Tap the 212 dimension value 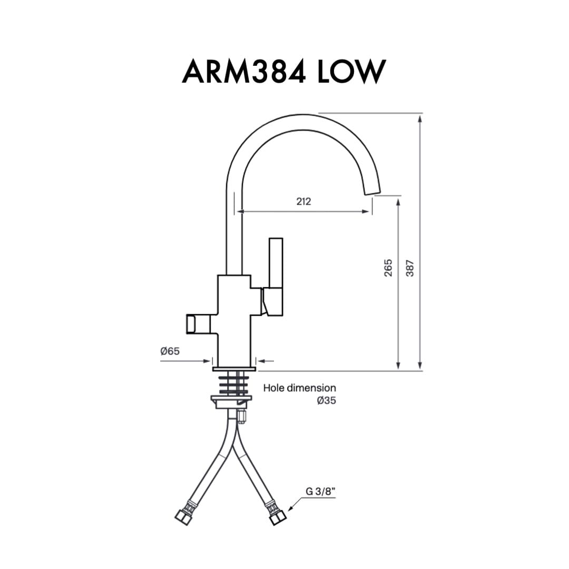tap(304, 201)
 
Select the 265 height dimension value tap(388, 268)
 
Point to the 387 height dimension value tap(410, 268)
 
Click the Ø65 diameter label tap(170, 351)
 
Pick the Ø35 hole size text tap(326, 400)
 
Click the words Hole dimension tap(300, 388)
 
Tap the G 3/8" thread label tap(320, 492)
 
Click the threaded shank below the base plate tap(234, 384)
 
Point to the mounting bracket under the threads tap(231, 401)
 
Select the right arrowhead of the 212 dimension tap(366, 211)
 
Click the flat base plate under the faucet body tap(234, 369)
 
